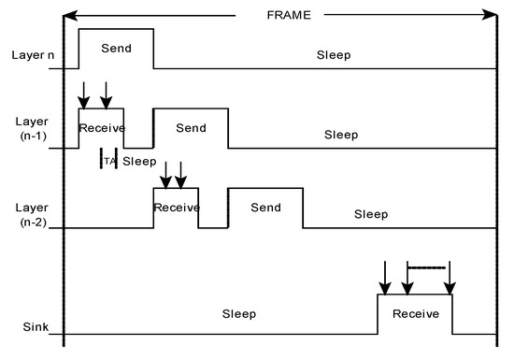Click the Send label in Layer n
(116, 47)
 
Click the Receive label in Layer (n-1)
(101, 127)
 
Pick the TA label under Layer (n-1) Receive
(108, 161)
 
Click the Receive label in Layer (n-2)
(176, 207)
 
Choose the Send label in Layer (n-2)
(265, 207)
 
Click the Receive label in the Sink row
(415, 313)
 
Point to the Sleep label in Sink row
(239, 313)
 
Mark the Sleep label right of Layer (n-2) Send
(370, 214)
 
